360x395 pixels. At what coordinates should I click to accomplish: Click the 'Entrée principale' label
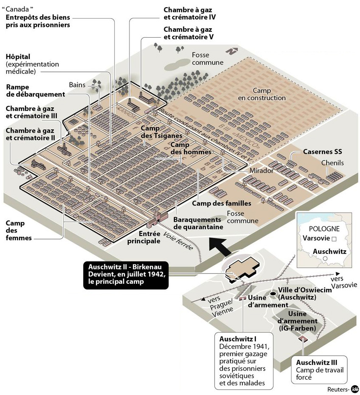click(144, 237)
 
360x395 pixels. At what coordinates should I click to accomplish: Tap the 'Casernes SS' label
click(322, 151)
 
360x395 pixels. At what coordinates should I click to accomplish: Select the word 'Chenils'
click(333, 163)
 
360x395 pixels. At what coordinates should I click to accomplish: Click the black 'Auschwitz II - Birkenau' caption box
click(126, 275)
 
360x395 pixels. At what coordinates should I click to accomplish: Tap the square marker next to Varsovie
click(333, 239)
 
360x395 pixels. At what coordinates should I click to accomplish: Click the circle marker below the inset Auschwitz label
click(325, 258)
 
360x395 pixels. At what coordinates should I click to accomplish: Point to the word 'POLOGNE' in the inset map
click(324, 229)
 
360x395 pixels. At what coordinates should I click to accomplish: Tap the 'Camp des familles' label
click(221, 203)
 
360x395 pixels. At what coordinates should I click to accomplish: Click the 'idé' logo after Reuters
click(355, 388)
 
